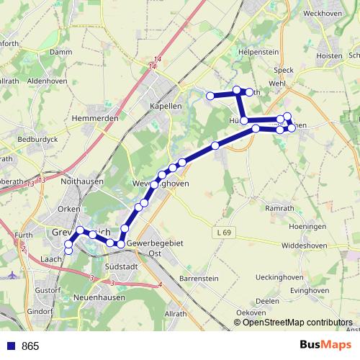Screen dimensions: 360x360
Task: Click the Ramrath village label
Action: (280, 208)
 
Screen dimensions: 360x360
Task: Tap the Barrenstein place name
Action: (197, 277)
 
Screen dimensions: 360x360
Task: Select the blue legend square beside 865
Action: (11, 346)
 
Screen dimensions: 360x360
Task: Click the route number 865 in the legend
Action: (30, 346)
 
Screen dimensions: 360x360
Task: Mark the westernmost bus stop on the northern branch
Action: (210, 96)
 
